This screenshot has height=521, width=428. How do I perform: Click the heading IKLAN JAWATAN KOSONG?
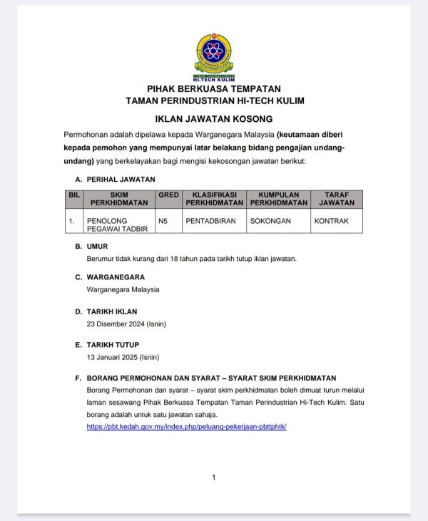(214, 119)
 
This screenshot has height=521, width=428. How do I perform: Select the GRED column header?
(168, 194)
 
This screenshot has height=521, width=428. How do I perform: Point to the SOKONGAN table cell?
(270, 221)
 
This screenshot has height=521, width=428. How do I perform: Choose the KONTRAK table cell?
(331, 221)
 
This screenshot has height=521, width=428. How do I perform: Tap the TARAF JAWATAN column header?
(337, 198)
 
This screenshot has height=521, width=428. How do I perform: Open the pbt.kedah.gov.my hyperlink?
(186, 426)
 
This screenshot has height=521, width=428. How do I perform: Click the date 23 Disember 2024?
(126, 324)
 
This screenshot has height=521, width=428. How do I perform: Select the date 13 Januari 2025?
(123, 356)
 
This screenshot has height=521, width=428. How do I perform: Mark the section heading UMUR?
(97, 246)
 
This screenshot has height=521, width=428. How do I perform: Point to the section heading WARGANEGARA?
(116, 277)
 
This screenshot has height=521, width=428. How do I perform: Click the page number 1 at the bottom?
(214, 478)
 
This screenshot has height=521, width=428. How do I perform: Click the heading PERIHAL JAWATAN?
(121, 179)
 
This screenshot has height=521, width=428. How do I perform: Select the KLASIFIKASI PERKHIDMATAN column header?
(215, 198)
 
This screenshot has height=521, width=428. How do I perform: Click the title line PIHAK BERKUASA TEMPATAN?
(214, 88)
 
